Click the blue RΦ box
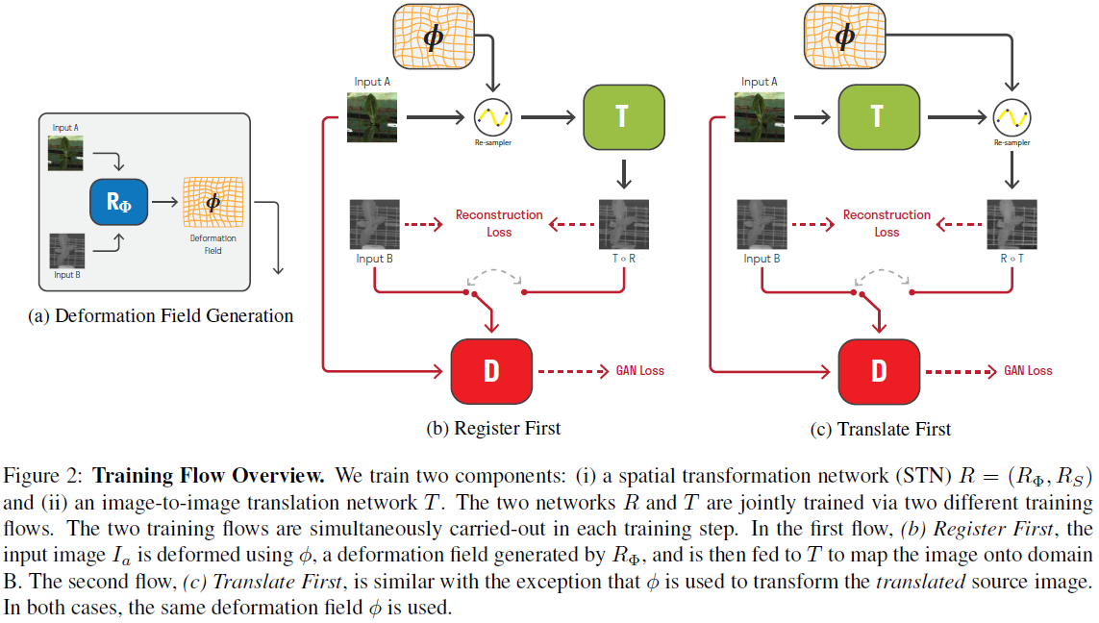[118, 203]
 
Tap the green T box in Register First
[623, 116]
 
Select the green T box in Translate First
[876, 116]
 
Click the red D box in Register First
[491, 371]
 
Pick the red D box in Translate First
[878, 371]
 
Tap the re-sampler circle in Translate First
[1011, 117]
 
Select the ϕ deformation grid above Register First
[433, 37]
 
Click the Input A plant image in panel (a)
[66, 152]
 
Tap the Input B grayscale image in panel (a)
[66, 250]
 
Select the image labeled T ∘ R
[624, 224]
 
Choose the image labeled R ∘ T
[1012, 224]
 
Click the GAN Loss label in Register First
[639, 371]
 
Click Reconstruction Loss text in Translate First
[887, 223]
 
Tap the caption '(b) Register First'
[493, 429]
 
